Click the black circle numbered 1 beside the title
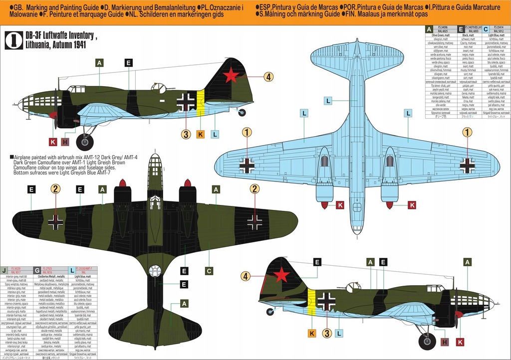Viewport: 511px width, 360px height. pos(13,41)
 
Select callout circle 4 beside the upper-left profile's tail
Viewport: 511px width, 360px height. pos(268,77)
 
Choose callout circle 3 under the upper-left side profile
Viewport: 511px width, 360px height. pos(186,134)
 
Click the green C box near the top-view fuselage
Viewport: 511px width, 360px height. pos(209,271)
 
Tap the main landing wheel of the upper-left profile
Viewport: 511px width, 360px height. pos(84,142)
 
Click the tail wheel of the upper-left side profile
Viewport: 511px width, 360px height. pos(242,113)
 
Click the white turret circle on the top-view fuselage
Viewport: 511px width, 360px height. pos(155,271)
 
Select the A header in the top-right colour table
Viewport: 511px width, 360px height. pos(428,29)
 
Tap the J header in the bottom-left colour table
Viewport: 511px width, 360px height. pos(4,270)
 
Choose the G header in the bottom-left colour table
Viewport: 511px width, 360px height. pos(37,270)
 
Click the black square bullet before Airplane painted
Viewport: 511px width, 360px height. pos(11,157)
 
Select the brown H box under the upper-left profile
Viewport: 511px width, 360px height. pos(64,142)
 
